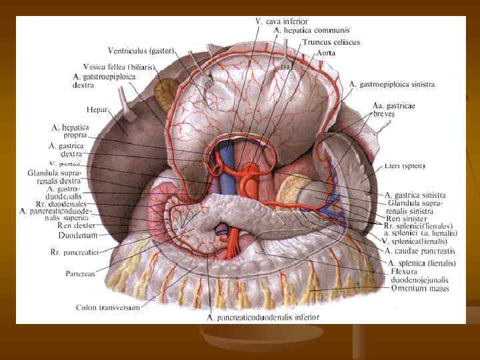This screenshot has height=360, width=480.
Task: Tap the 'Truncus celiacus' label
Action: (331, 42)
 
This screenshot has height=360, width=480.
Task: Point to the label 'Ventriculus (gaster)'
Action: (141, 51)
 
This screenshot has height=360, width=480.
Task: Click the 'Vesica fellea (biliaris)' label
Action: (119, 67)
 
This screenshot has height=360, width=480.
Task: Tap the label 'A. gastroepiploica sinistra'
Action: (392, 85)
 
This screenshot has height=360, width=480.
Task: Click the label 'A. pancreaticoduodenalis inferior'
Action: (263, 317)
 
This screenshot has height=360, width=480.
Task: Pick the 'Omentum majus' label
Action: (420, 289)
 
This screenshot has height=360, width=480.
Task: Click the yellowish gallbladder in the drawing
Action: (164, 89)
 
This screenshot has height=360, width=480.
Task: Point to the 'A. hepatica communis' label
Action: (312, 31)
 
